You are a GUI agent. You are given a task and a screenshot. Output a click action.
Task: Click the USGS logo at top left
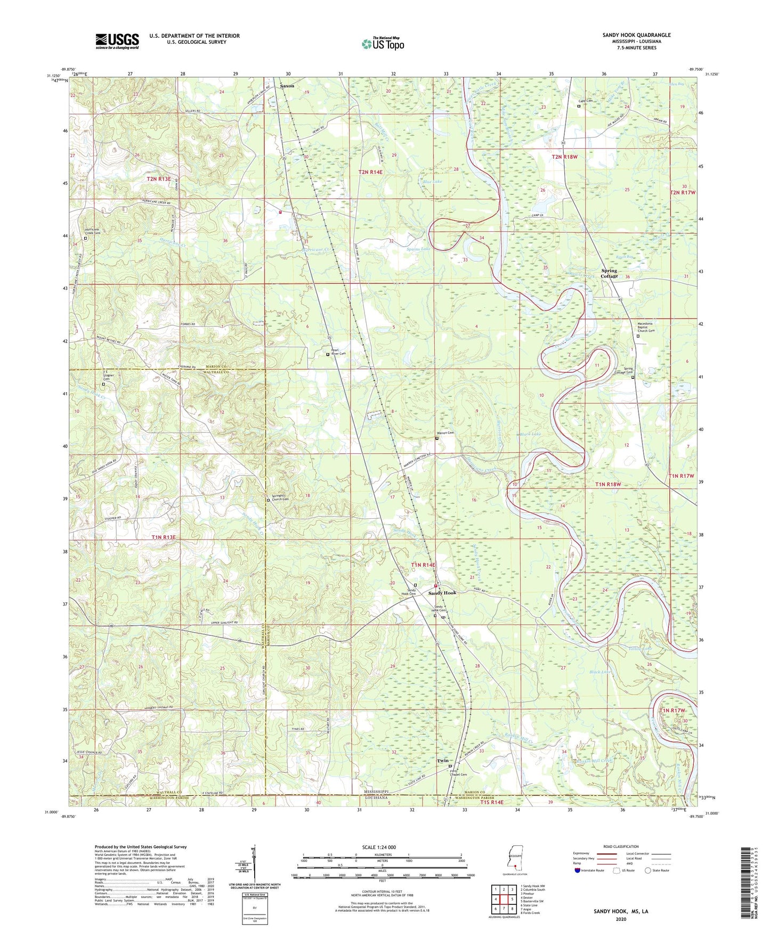[x=117, y=40]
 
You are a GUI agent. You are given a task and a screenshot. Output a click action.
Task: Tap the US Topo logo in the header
[x=382, y=44]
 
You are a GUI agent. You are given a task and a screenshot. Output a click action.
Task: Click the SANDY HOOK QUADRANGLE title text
[x=636, y=35]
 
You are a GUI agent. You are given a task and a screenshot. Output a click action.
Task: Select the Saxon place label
[x=287, y=86]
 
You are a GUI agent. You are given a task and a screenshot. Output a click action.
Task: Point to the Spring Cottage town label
[x=609, y=273]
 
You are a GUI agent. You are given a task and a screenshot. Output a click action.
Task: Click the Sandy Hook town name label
[x=442, y=593]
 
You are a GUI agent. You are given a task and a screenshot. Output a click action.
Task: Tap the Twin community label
[x=442, y=761]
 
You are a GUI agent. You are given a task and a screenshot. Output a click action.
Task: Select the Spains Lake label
[x=418, y=249]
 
